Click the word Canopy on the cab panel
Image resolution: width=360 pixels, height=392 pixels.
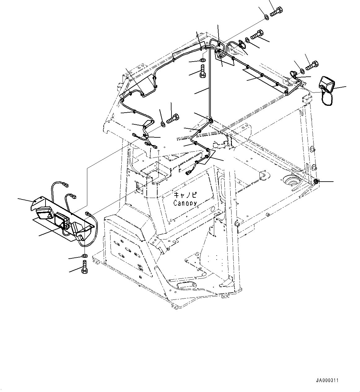coord(185,203)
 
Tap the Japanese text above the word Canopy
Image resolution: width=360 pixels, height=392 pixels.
coord(185,195)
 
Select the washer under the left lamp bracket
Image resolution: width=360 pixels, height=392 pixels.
coord(85,256)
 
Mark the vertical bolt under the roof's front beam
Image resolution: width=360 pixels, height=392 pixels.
coord(202,72)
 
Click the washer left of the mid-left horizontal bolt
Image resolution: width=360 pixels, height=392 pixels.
coord(162,124)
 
